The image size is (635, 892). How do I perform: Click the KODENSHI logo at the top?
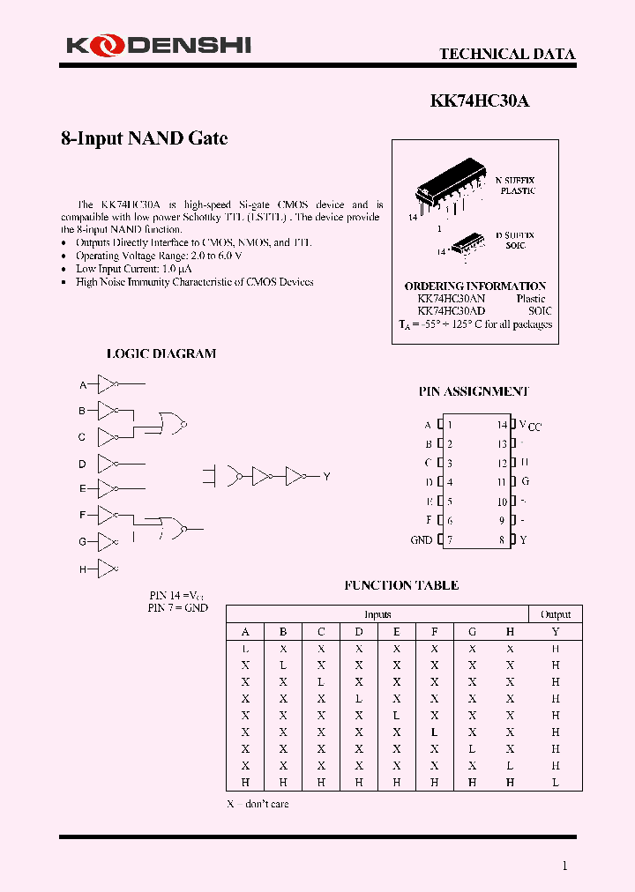click(156, 44)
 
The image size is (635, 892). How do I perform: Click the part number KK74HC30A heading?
click(480, 100)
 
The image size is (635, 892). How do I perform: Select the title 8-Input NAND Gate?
click(144, 138)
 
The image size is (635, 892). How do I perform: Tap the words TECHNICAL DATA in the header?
click(507, 54)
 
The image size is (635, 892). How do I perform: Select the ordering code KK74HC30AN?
click(451, 299)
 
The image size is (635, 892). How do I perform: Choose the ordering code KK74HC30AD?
click(451, 311)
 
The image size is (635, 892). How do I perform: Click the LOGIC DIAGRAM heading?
click(161, 353)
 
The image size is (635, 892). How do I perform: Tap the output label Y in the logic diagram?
click(326, 477)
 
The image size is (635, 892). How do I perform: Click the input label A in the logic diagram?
click(83, 385)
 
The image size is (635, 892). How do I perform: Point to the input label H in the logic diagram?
click(83, 569)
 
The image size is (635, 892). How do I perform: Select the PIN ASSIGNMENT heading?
click(474, 391)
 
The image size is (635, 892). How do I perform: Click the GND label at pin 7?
click(422, 540)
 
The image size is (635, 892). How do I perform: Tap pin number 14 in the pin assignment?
click(502, 425)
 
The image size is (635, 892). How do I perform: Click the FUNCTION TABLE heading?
click(401, 585)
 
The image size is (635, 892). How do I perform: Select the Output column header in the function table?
click(556, 614)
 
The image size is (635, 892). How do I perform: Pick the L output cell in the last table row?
click(556, 783)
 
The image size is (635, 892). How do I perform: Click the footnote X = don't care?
click(258, 804)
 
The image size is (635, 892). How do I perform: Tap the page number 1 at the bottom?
click(565, 866)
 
